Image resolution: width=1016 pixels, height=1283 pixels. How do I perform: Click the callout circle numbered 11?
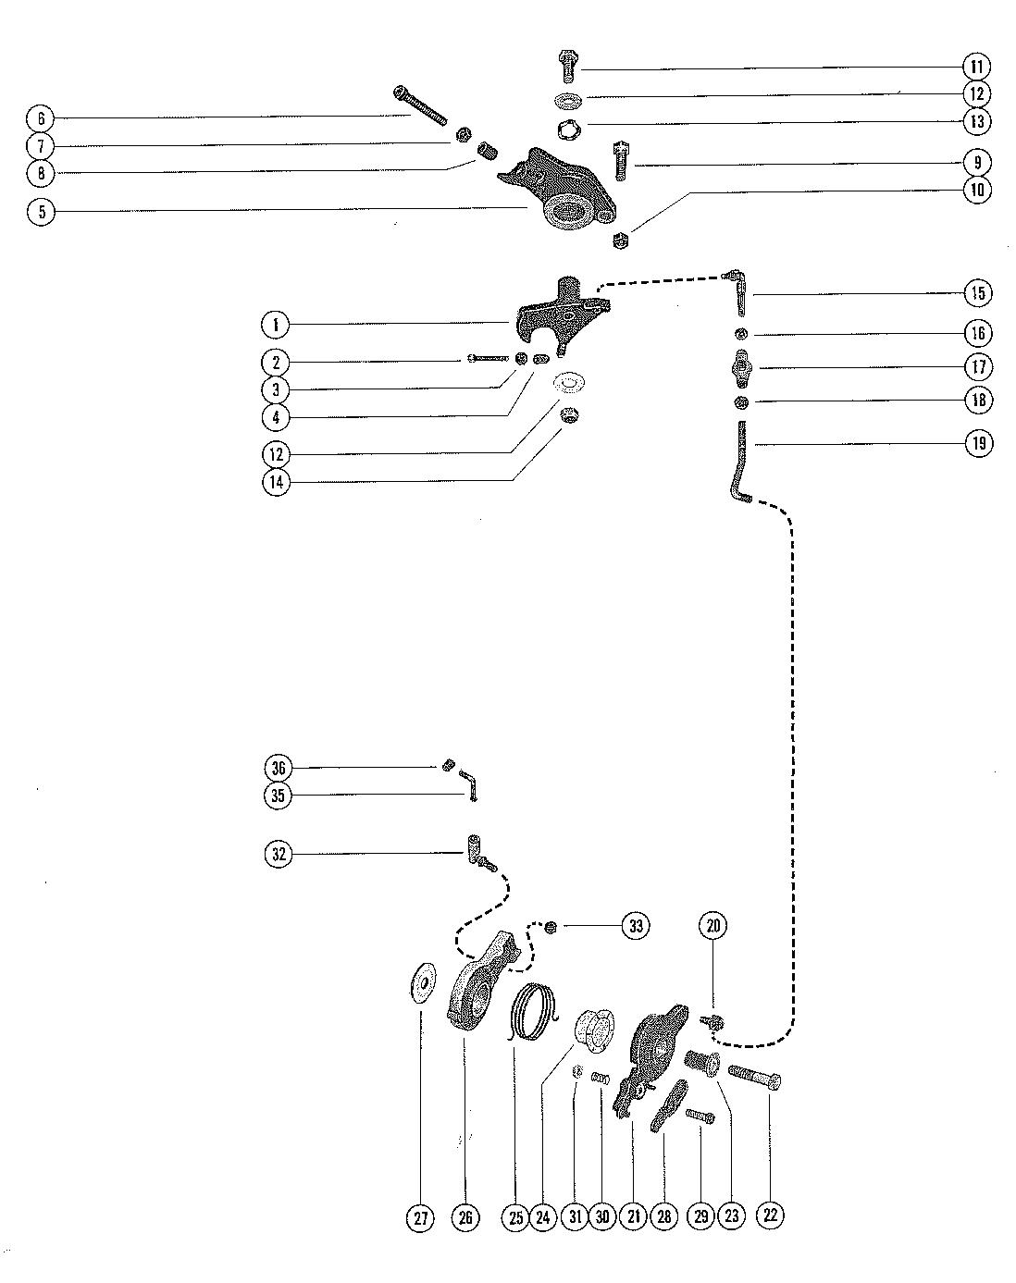pos(977,67)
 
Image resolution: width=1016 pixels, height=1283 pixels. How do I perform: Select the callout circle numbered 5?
pos(41,212)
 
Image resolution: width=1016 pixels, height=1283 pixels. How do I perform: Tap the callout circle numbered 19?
pos(978,443)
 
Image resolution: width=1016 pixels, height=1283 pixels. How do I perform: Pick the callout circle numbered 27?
pos(421,1218)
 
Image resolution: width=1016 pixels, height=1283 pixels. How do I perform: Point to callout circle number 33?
pos(635,925)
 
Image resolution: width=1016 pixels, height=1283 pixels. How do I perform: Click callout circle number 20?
pos(714,925)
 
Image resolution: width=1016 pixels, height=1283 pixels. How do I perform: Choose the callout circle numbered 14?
pos(276,482)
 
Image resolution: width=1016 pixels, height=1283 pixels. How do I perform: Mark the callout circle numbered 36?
pos(277,768)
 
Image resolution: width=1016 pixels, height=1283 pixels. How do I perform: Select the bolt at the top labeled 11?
pos(566,67)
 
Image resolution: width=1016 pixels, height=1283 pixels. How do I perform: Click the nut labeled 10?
pos(622,241)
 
